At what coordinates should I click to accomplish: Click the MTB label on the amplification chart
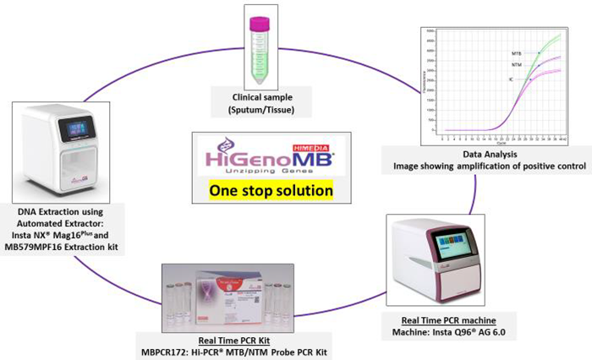516,52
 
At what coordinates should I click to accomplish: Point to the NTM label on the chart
516,65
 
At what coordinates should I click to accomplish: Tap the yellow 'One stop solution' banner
271,190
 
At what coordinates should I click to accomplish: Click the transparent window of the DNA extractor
69,169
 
